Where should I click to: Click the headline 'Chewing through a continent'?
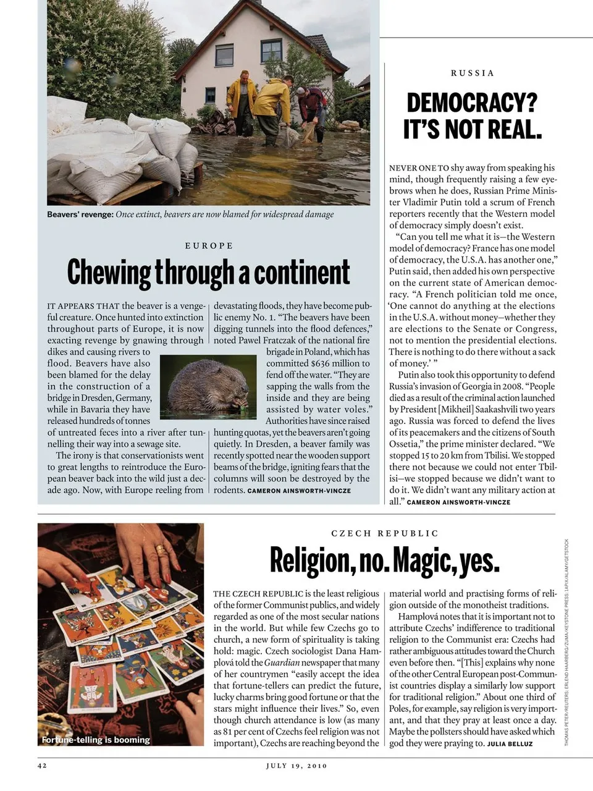click(x=208, y=273)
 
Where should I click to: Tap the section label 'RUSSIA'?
click(x=473, y=73)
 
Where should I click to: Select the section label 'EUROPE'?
click(x=209, y=245)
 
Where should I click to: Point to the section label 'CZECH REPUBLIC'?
click(x=385, y=533)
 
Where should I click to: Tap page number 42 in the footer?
click(x=42, y=766)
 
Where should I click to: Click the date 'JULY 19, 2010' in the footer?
click(x=296, y=766)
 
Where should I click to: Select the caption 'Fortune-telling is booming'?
click(x=96, y=740)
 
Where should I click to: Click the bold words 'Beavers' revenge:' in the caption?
click(x=80, y=214)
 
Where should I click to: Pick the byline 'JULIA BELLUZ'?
click(x=510, y=744)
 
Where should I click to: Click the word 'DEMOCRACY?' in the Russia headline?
click(x=472, y=103)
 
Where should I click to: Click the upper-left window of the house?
click(x=224, y=55)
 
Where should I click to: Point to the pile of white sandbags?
click(x=117, y=148)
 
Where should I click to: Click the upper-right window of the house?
click(x=271, y=50)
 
